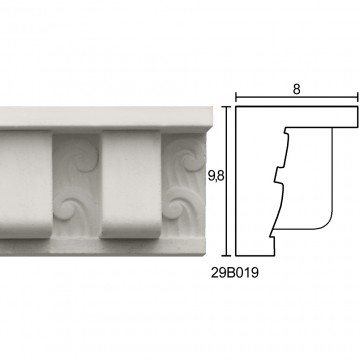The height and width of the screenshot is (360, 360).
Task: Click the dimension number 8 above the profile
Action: tap(297, 89)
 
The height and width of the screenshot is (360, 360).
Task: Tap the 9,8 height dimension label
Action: tap(216, 177)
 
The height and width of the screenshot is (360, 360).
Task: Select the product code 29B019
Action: tap(235, 273)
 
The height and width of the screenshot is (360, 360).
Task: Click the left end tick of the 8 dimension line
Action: tap(236, 97)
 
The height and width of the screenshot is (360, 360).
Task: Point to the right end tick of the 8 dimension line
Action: tap(358, 97)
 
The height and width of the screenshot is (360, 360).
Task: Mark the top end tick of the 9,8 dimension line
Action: tap(227, 107)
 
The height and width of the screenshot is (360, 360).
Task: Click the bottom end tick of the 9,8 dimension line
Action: tap(227, 256)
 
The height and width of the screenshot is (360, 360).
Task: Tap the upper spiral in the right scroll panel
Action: tap(191, 161)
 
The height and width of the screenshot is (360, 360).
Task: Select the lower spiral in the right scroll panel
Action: tap(176, 208)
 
